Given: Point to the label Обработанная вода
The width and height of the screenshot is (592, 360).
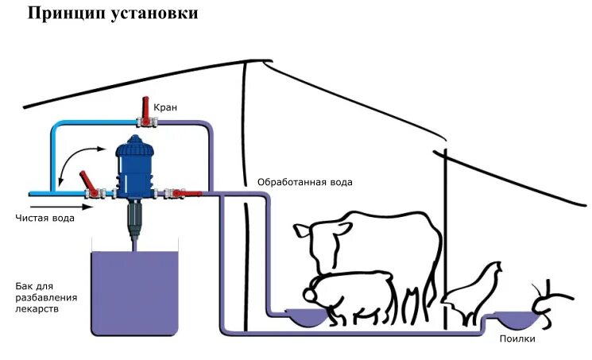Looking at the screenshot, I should (304, 182).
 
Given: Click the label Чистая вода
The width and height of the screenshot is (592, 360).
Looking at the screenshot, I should (45, 219).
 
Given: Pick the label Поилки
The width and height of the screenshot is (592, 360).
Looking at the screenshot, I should (517, 339).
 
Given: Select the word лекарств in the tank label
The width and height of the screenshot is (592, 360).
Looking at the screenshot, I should (37, 310).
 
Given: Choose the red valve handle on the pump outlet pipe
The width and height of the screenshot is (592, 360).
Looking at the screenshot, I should (183, 192).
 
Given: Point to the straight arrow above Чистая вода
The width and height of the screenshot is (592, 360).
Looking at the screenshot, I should (64, 207).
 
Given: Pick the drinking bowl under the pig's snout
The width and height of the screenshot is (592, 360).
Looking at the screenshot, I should (306, 317).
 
